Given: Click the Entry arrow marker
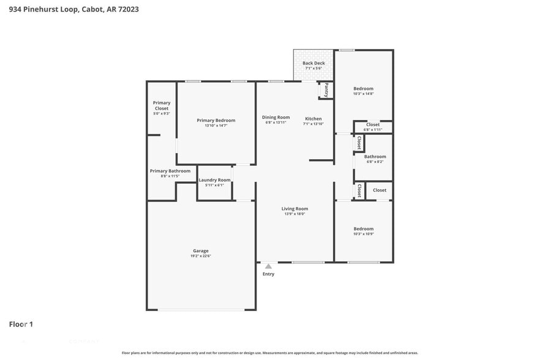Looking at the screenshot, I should (268, 266).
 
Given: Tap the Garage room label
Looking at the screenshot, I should (201, 250).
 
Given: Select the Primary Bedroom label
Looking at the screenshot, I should (216, 120).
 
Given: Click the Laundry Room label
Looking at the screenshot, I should (214, 180).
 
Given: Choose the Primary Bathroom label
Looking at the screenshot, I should (170, 171).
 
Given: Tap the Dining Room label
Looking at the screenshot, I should (276, 117).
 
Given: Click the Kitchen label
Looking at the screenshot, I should (313, 118).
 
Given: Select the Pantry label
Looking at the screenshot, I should (326, 90).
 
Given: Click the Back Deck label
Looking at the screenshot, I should (313, 63).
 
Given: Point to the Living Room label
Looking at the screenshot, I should (294, 209).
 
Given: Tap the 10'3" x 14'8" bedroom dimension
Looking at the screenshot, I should (363, 94).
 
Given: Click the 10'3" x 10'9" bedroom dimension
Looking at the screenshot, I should (363, 234).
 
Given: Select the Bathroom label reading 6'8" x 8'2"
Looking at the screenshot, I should (375, 156).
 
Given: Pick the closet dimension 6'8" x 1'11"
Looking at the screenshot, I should (372, 130).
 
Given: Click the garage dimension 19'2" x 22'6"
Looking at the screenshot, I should (201, 256).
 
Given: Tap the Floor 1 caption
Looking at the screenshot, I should (21, 324).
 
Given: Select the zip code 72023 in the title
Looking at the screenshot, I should (126, 9).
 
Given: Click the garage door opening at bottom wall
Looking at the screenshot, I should (201, 310).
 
